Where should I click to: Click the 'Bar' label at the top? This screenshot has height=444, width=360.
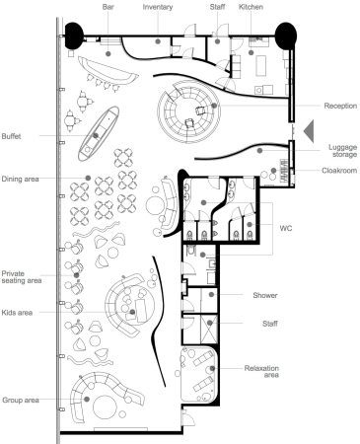pyautogui.click(x=108, y=7)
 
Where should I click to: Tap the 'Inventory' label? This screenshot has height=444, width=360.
pyautogui.click(x=158, y=7)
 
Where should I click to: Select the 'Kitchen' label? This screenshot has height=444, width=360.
pyautogui.click(x=251, y=7)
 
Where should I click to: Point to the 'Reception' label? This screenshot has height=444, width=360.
pyautogui.click(x=340, y=106)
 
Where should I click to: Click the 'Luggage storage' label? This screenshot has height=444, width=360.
pyautogui.click(x=342, y=151)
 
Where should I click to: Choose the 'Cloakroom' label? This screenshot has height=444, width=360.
pyautogui.click(x=339, y=171)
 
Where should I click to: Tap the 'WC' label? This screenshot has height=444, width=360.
pyautogui.click(x=286, y=228)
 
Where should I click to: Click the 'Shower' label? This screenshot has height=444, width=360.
pyautogui.click(x=265, y=295)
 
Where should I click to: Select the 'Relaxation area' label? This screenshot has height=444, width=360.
pyautogui.click(x=261, y=371)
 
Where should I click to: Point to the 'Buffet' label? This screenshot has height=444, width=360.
pyautogui.click(x=11, y=136)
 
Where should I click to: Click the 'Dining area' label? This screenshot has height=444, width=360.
pyautogui.click(x=20, y=179)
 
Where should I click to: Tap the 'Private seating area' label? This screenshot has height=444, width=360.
pyautogui.click(x=22, y=277)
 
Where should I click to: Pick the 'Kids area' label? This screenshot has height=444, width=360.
pyautogui.click(x=17, y=313)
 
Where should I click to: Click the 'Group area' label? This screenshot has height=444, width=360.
pyautogui.click(x=21, y=401)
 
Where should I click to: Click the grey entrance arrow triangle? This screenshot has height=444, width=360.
pyautogui.click(x=310, y=131)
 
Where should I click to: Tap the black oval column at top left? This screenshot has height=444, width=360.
pyautogui.click(x=74, y=36)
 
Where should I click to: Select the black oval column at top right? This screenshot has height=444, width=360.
pyautogui.click(x=286, y=36)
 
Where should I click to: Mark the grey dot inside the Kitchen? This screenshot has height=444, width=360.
pyautogui.click(x=251, y=52)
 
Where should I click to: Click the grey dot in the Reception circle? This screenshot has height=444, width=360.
pyautogui.click(x=214, y=106)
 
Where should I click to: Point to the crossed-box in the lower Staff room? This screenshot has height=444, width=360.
pyautogui.click(x=209, y=330)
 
